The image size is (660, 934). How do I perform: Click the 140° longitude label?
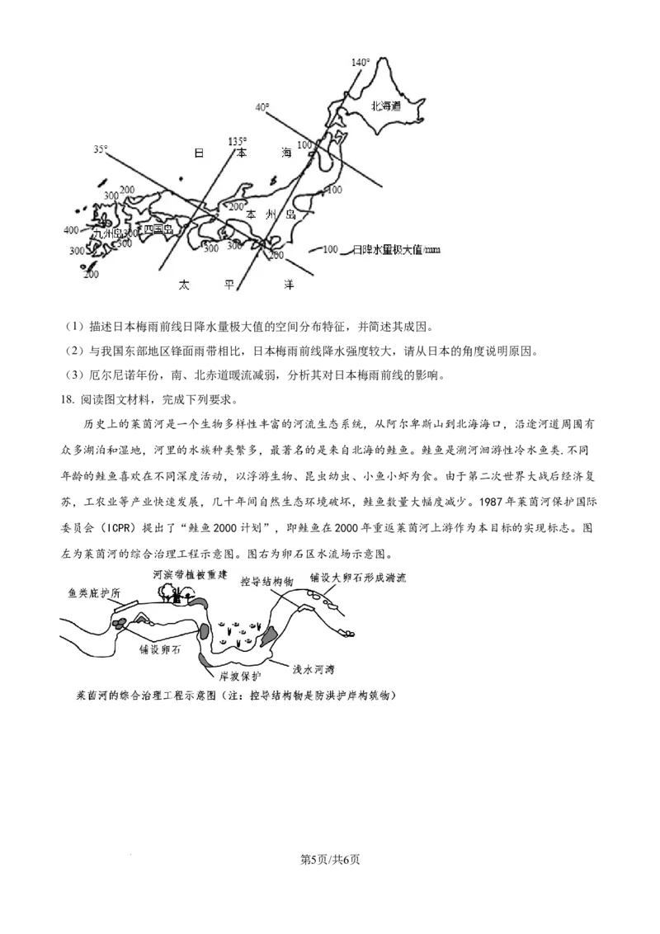pos(361,63)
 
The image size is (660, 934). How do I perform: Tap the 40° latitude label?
pos(262,107)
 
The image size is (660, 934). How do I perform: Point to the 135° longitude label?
pos(237,141)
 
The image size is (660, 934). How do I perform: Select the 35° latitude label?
pos(100,149)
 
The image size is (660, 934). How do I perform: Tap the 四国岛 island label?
pos(158,229)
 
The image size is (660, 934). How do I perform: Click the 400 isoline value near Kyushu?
pos(71,230)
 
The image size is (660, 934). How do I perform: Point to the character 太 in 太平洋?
pos(183,285)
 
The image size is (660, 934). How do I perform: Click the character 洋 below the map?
pos(289,285)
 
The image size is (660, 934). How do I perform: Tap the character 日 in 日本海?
pos(198,153)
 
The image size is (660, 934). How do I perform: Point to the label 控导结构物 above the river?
pos(266,582)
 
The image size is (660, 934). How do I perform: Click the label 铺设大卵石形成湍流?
pos(359,578)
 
